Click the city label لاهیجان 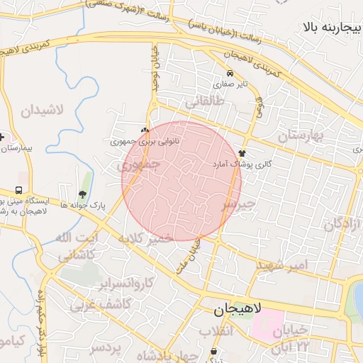239,309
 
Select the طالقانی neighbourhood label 204,102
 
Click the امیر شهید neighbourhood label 283,264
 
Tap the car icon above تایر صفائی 230,73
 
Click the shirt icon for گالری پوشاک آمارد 242,152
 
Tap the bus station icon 18,191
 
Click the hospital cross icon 3,136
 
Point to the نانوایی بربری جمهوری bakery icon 145,130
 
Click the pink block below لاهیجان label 265,323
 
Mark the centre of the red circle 181,181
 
